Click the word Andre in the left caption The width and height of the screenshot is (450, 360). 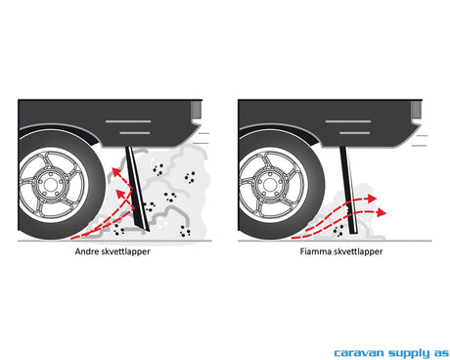pyautogui.click(x=85, y=251)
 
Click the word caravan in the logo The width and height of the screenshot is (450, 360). pyautogui.click(x=359, y=353)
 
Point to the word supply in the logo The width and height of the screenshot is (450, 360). pyautogui.click(x=409, y=353)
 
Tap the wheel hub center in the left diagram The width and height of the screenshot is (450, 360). pyautogui.click(x=50, y=185)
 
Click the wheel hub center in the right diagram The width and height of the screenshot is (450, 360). pyautogui.click(x=270, y=185)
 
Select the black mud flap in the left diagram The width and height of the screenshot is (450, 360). pyautogui.click(x=138, y=189)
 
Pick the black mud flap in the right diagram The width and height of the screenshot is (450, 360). pyautogui.click(x=349, y=190)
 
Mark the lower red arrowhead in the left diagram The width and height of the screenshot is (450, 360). pyautogui.click(x=120, y=194)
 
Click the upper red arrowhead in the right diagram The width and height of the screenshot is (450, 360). pyautogui.click(x=372, y=199)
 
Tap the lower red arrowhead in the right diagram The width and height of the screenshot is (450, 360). pyautogui.click(x=382, y=212)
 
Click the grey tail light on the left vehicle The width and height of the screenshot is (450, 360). pyautogui.click(x=196, y=111)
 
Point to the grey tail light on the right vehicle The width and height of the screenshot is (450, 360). pyautogui.click(x=416, y=111)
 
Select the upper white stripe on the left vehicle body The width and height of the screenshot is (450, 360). pyautogui.click(x=128, y=121)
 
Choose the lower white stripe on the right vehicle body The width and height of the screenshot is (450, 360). pyautogui.click(x=354, y=133)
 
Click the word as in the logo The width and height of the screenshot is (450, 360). pyautogui.click(x=441, y=353)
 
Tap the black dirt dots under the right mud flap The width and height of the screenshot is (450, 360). pyautogui.click(x=338, y=229)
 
